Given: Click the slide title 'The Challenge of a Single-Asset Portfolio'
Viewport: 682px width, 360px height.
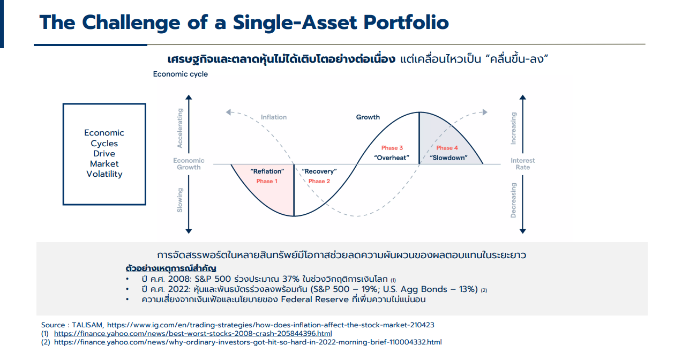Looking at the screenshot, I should pos(244,22).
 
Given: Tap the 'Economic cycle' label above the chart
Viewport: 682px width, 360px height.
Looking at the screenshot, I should pos(180,74).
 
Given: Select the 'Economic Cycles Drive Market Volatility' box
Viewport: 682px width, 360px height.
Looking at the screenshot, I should pos(104,154).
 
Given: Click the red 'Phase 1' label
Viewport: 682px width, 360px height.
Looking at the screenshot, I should pos(267,181).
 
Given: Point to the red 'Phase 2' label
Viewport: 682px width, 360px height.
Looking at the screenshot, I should pos(319,181).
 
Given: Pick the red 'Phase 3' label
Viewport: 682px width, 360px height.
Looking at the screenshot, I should pos(392,148).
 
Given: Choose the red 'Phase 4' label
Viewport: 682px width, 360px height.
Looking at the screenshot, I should pos(447,148).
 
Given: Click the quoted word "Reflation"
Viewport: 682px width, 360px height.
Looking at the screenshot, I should pos(267,171).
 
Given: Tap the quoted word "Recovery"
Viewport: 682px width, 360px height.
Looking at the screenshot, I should pos(319,171).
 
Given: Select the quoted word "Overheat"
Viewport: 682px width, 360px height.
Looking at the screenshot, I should pos(392,157).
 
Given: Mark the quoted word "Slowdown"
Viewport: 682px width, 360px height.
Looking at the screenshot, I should pos(448,157).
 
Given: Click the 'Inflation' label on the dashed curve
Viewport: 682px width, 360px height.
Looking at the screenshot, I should pos(273,117).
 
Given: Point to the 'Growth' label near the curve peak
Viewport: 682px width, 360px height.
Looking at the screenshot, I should pos(368,117).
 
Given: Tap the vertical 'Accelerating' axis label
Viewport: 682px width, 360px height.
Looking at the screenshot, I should pos(180,128).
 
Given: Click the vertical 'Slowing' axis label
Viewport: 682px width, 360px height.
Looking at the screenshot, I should pos(180,200).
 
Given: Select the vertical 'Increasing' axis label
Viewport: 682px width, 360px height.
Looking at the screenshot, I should pos(513,128).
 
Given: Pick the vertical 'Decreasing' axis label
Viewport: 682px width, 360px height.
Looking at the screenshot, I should pos(513,200).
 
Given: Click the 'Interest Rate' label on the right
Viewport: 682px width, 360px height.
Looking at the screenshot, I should pos(522,164).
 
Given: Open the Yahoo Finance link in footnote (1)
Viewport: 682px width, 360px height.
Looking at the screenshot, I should pos(193,333).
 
